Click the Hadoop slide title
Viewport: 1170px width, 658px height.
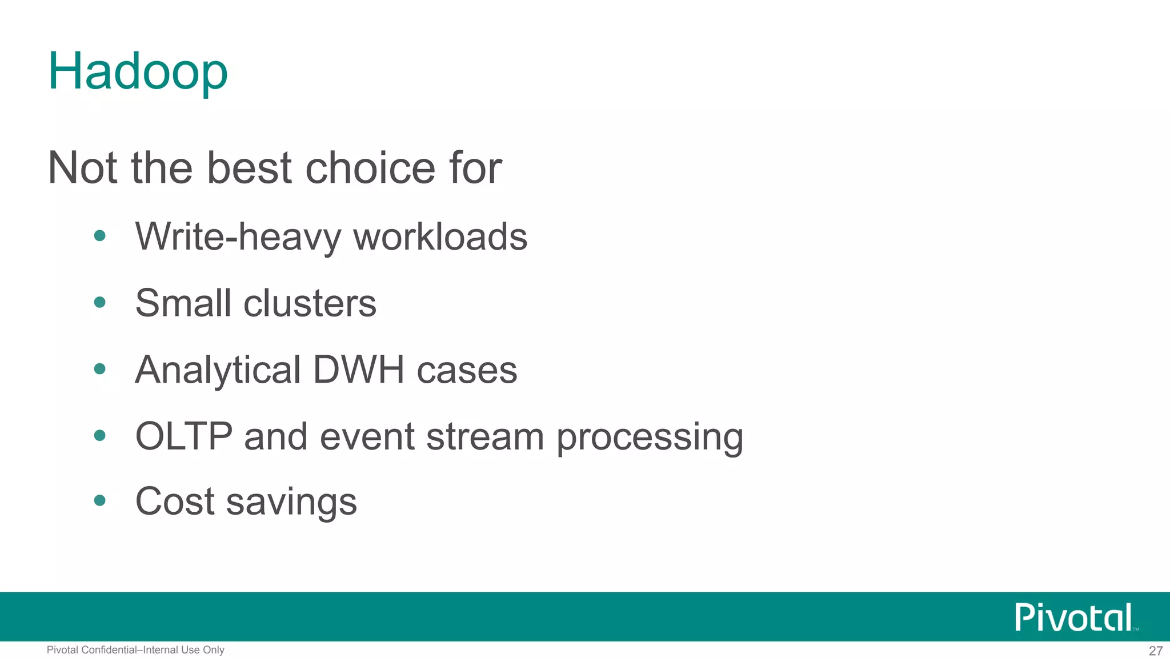pyautogui.click(x=138, y=71)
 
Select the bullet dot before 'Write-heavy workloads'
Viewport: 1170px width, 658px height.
pyautogui.click(x=100, y=236)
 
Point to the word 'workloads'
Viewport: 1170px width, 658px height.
pyautogui.click(x=440, y=237)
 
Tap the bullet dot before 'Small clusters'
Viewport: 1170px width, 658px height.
pyautogui.click(x=100, y=302)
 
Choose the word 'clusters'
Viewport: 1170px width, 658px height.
pyautogui.click(x=310, y=303)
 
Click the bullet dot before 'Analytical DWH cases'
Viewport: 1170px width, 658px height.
pyautogui.click(x=100, y=369)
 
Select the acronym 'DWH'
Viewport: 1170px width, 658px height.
pyautogui.click(x=359, y=370)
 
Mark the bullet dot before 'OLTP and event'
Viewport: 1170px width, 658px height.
pyautogui.click(x=100, y=436)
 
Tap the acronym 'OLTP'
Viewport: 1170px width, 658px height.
pyautogui.click(x=184, y=437)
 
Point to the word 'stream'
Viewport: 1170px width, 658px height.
pyautogui.click(x=485, y=437)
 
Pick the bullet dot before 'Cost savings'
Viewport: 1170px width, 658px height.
pyautogui.click(x=100, y=501)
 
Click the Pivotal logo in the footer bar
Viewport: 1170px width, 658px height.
pyautogui.click(x=1074, y=617)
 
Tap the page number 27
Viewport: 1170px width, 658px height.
pyautogui.click(x=1156, y=651)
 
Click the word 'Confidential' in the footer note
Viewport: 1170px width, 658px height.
pyautogui.click(x=109, y=650)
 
